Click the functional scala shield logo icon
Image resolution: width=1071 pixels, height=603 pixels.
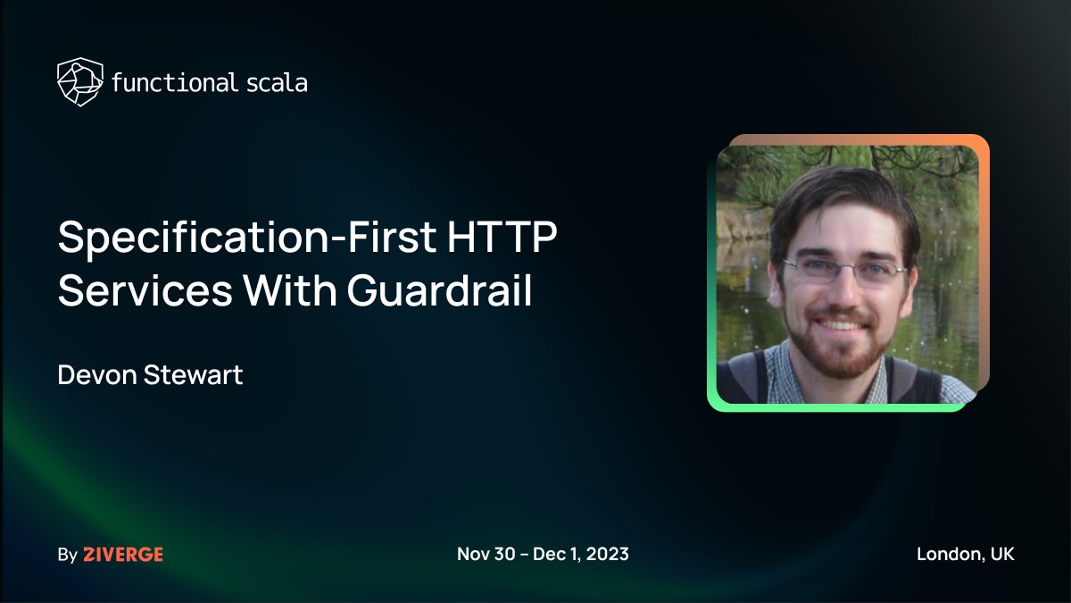79,82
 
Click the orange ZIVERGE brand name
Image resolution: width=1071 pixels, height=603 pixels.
123,555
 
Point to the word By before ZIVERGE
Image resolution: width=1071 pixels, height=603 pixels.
67,555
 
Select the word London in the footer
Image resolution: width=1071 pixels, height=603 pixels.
948,554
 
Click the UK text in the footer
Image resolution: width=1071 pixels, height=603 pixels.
1001,554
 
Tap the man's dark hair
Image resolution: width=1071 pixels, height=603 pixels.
839,192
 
